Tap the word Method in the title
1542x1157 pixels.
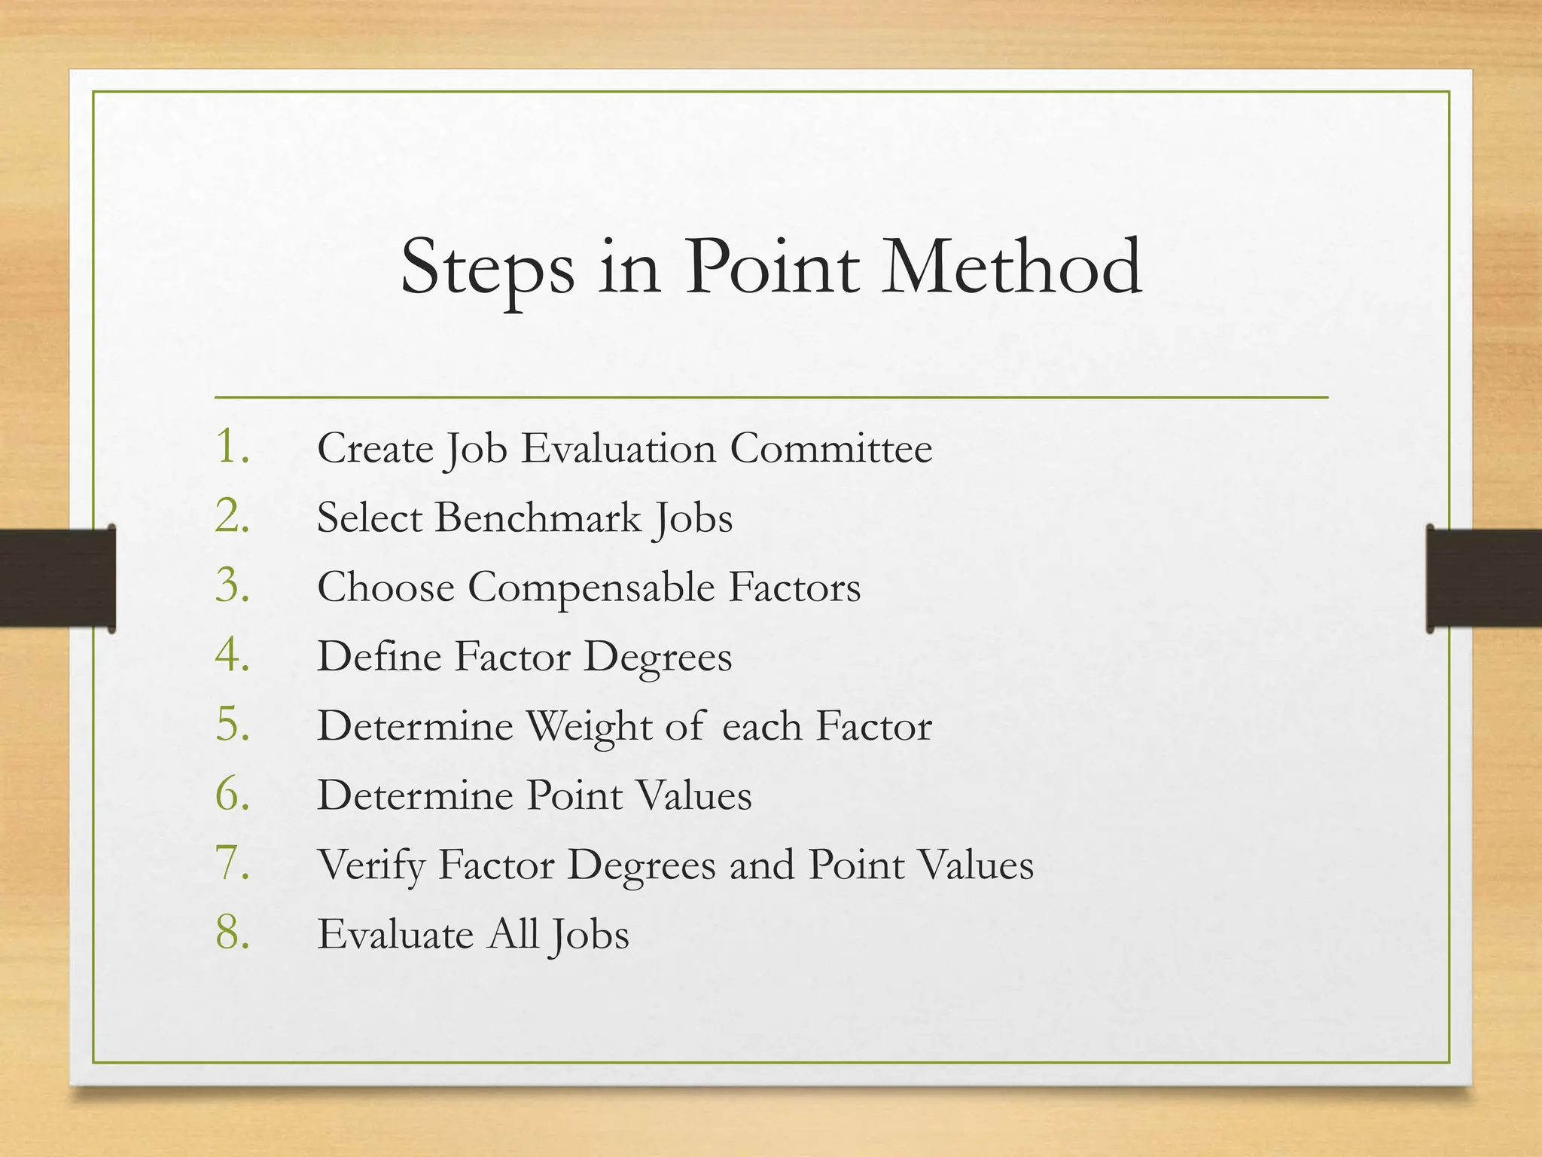(x=1012, y=267)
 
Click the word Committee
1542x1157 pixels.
(x=831, y=449)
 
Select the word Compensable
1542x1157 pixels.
(x=591, y=589)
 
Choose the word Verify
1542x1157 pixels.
(x=371, y=866)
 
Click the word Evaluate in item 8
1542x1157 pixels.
(x=395, y=934)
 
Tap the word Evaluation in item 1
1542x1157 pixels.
(x=618, y=449)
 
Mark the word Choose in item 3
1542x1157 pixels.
(x=385, y=588)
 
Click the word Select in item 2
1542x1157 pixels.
(x=369, y=518)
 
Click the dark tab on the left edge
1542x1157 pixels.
(x=57, y=578)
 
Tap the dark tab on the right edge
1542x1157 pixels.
(x=1483, y=578)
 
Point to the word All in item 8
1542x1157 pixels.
(x=514, y=934)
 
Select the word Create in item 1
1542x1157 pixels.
(x=375, y=449)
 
